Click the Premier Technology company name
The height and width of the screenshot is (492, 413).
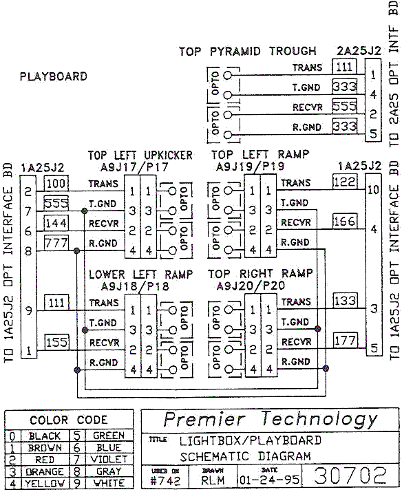[270, 419]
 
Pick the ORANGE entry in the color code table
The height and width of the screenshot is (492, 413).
[45, 472]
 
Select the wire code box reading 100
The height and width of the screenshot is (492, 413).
[57, 184]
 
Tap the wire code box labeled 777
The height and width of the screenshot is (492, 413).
[57, 243]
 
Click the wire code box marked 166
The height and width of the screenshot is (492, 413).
[344, 222]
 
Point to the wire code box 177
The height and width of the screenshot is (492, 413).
[344, 340]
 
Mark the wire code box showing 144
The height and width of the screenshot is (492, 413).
[57, 223]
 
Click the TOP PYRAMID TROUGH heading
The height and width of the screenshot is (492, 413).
[247, 51]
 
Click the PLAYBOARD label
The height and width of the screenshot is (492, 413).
[54, 76]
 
